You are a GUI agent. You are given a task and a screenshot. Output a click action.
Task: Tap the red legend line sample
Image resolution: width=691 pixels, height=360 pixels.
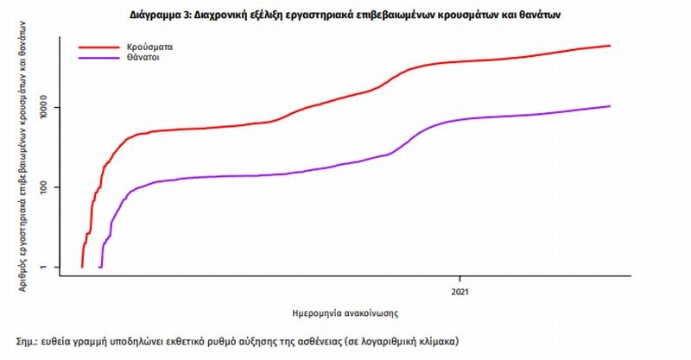(98, 47)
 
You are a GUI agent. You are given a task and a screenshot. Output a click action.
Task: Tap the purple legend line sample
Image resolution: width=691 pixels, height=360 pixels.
(98, 59)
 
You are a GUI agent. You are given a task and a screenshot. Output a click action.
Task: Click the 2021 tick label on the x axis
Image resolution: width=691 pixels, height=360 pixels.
(460, 291)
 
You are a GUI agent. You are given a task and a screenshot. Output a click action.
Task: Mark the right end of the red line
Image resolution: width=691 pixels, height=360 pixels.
(610, 45)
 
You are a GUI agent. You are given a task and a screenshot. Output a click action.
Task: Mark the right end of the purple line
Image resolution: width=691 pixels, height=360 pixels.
(610, 106)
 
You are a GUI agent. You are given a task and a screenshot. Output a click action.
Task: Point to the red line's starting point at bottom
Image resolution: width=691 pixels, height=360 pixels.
(82, 267)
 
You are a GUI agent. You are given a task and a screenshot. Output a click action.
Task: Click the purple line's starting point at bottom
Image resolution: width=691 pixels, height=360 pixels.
(100, 267)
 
